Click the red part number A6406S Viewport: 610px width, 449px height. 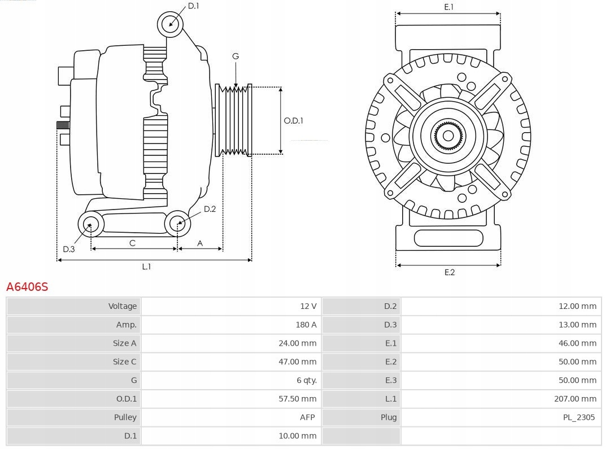coord(27,287)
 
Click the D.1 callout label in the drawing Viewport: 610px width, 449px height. coord(193,6)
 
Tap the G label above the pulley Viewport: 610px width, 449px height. coord(236,56)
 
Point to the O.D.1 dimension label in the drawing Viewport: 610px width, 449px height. coord(293,120)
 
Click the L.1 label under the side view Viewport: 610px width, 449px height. coord(146,267)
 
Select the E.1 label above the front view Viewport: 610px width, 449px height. coord(448,7)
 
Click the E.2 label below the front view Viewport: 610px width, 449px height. coord(449,272)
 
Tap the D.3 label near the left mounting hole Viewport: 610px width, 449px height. coord(68,249)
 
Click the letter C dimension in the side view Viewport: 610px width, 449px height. coord(132,243)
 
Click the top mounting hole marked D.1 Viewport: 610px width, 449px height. coord(171,24)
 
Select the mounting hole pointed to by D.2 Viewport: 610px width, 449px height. coord(177,224)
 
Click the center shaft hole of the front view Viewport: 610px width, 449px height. coord(448,136)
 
